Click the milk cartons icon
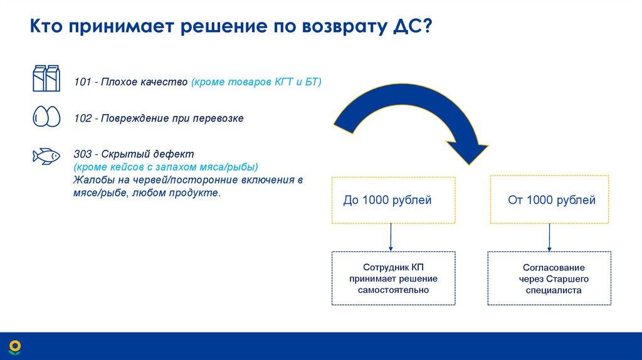point(46,78)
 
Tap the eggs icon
point(46,117)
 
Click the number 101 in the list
point(82,83)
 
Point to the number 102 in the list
point(82,118)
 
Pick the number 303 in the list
point(82,154)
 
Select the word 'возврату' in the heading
point(334,29)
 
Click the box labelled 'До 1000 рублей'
point(393,200)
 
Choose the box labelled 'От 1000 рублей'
point(549,200)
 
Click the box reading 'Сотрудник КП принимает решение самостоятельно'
point(393,278)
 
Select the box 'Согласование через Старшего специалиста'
point(549,278)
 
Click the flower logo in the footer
point(14,346)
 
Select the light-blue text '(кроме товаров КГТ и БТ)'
point(256,83)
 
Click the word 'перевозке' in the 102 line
point(220,118)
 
